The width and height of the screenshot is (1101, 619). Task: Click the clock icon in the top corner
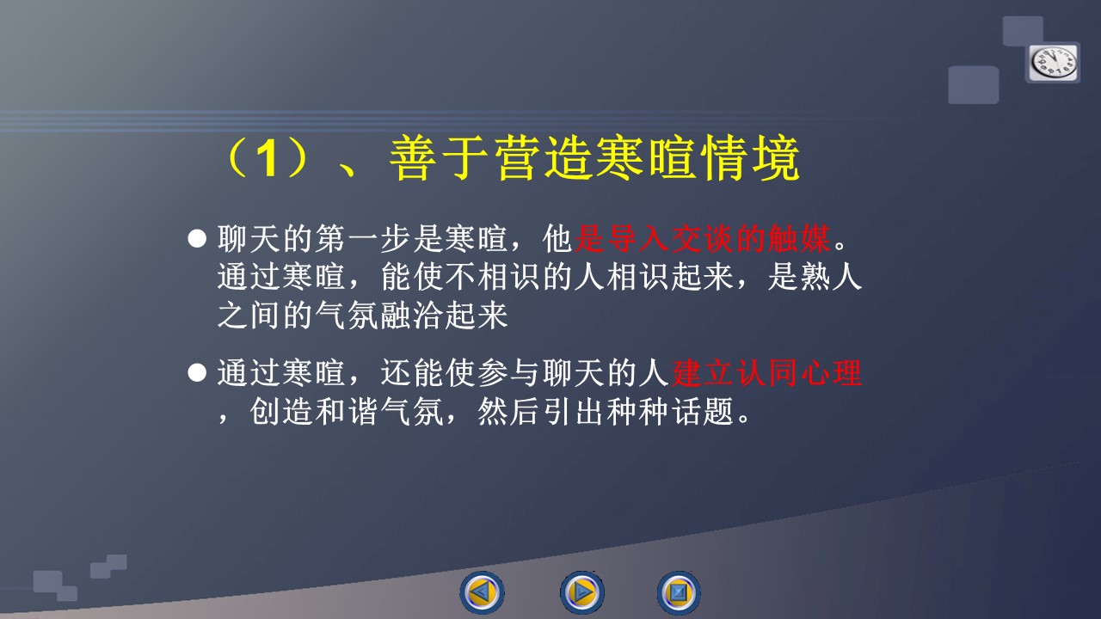[1053, 63]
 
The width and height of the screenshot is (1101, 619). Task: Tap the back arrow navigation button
[482, 592]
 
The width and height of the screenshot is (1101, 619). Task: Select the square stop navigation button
[679, 592]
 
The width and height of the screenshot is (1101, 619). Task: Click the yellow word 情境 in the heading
[751, 158]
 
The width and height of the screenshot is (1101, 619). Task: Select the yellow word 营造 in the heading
[544, 158]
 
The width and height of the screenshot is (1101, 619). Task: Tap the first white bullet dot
[197, 238]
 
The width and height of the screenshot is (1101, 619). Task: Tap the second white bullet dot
[197, 372]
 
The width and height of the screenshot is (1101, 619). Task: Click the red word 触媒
[799, 239]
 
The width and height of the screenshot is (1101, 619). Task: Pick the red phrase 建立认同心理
[766, 373]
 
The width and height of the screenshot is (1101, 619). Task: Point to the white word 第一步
[363, 239]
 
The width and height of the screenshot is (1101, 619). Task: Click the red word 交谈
[703, 239]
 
